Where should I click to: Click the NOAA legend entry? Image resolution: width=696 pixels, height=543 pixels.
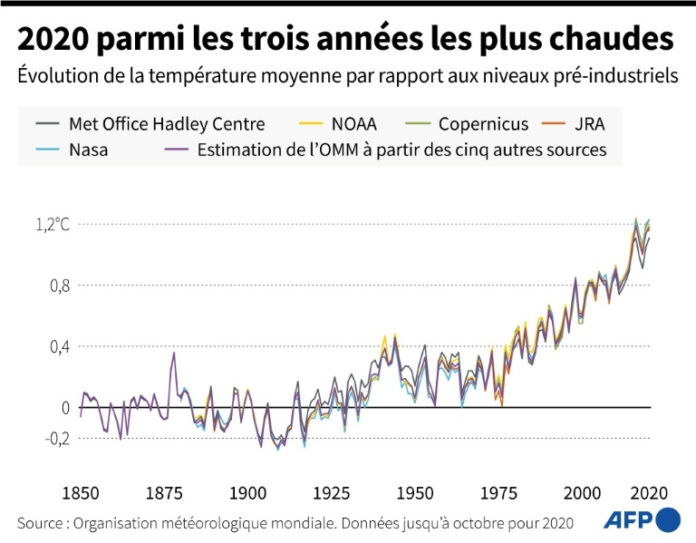353,124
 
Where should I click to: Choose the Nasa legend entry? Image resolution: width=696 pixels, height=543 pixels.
88,150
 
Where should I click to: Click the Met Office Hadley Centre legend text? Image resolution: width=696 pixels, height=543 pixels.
166,124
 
